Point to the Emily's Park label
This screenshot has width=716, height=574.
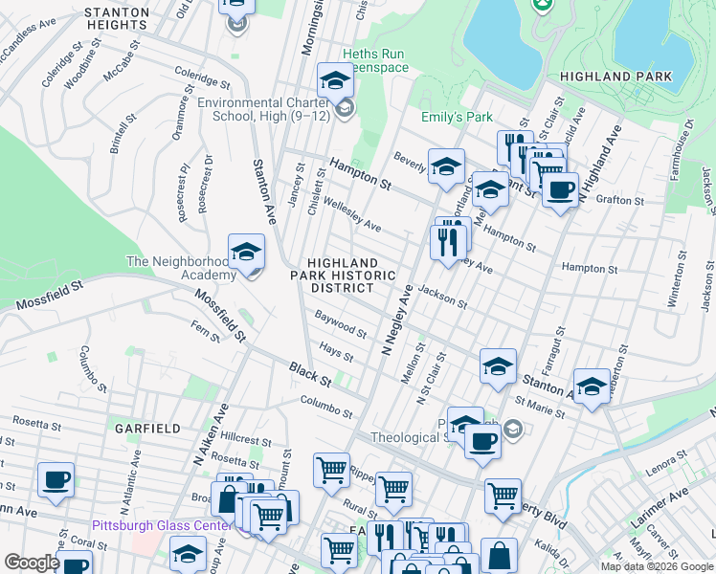point(457,118)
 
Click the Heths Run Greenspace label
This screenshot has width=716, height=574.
point(375,61)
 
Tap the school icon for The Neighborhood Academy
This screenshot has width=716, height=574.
point(246,253)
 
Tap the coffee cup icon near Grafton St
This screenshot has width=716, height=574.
point(560,188)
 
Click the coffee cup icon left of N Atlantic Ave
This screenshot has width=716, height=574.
point(56,480)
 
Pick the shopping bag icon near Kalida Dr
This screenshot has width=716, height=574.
point(499,555)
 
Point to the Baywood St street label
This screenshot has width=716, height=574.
point(341,323)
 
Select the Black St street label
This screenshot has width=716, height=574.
point(310,374)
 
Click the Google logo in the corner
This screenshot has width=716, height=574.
point(32,563)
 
